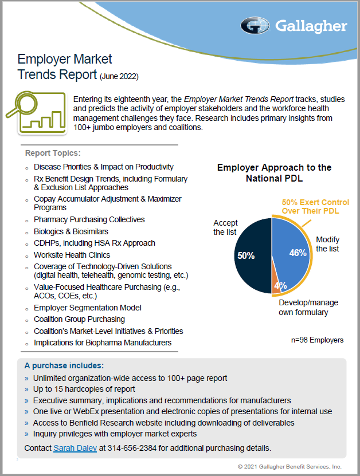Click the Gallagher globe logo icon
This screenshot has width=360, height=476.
(255, 26)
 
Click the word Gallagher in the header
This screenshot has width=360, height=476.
(311, 26)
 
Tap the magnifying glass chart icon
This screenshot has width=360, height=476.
(37, 113)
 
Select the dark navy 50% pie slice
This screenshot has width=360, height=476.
(253, 255)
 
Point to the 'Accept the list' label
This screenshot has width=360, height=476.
(225, 227)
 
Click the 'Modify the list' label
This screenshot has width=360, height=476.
(327, 244)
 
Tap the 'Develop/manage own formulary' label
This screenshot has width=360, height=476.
(308, 307)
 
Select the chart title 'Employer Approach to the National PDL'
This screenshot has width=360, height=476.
(275, 173)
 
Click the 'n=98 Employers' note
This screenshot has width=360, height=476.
(317, 340)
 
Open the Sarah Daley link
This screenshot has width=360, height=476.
(75, 448)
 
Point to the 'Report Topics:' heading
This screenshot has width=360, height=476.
(53, 153)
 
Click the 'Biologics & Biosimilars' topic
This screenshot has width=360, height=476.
(71, 231)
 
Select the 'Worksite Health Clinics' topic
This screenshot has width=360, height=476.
(72, 255)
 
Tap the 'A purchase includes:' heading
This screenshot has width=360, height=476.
(64, 365)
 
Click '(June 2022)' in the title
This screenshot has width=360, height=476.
(119, 76)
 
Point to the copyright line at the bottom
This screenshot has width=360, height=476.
(289, 467)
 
